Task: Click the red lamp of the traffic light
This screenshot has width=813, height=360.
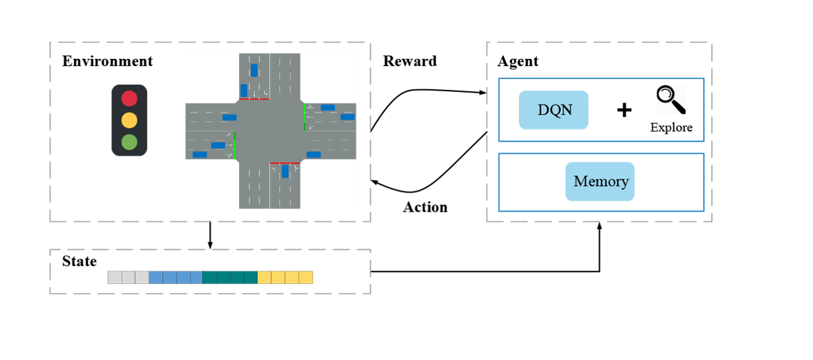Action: click(x=129, y=99)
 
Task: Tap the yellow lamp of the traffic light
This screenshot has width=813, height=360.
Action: click(x=129, y=120)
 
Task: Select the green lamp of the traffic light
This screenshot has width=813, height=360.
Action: click(x=129, y=142)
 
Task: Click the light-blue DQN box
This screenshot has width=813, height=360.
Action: click(x=553, y=110)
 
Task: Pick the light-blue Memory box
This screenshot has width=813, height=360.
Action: click(x=600, y=181)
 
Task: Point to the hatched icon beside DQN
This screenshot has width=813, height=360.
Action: click(x=671, y=100)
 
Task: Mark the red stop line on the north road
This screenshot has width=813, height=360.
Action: click(x=254, y=99)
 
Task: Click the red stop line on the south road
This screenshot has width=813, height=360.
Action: click(x=285, y=163)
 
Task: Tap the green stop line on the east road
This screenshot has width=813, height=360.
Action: click(x=305, y=117)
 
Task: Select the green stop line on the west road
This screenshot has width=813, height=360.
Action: click(x=235, y=145)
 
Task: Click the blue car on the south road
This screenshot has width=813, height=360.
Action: click(x=285, y=171)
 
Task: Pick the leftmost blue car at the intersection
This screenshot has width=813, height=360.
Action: click(x=199, y=155)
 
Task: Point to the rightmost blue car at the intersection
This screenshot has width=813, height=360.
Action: click(x=348, y=116)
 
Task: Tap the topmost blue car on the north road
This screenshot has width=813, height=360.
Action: click(x=254, y=70)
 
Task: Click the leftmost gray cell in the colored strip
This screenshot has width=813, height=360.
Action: click(x=115, y=277)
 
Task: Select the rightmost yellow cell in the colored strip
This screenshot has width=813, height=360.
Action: click(x=306, y=277)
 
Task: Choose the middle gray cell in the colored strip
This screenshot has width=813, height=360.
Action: click(x=128, y=277)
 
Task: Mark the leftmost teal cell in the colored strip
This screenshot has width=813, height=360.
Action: click(x=210, y=277)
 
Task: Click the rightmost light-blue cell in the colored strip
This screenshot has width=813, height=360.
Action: click(x=197, y=277)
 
